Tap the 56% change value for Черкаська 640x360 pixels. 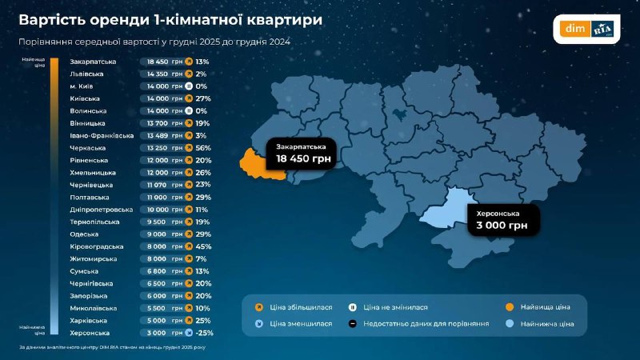(202, 147)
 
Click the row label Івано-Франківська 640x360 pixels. (102, 135)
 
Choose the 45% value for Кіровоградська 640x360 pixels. (202, 246)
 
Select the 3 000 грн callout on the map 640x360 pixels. (502, 221)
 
